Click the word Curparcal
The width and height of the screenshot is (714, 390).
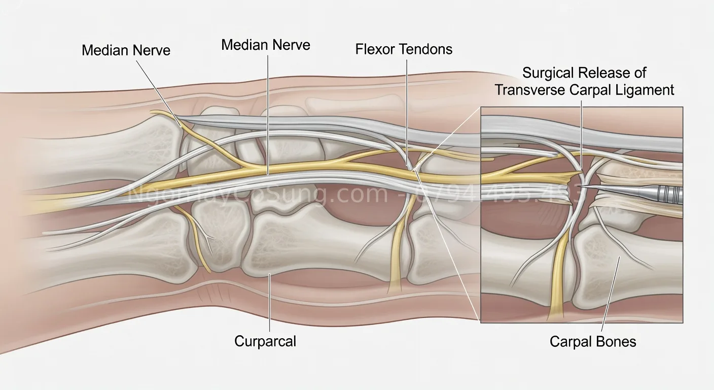pos(265,341)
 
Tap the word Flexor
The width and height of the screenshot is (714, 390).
pos(376,49)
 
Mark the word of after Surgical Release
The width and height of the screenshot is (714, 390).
pos(640,73)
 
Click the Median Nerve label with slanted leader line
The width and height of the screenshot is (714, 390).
pos(126,50)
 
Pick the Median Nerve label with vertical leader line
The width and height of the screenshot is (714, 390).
pos(266,45)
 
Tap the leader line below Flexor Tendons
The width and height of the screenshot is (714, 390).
pos(407,102)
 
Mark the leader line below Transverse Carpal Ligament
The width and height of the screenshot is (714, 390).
pos(582,132)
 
